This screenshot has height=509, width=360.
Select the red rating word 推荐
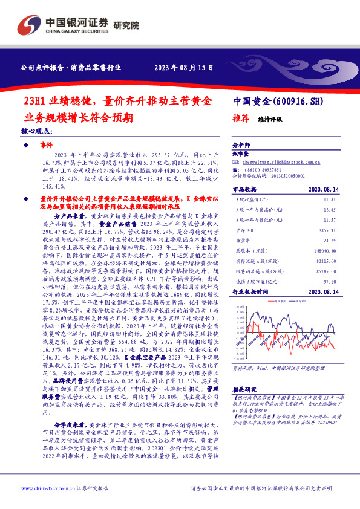[x=242, y=119]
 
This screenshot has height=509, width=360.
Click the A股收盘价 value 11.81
[x=329, y=198]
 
